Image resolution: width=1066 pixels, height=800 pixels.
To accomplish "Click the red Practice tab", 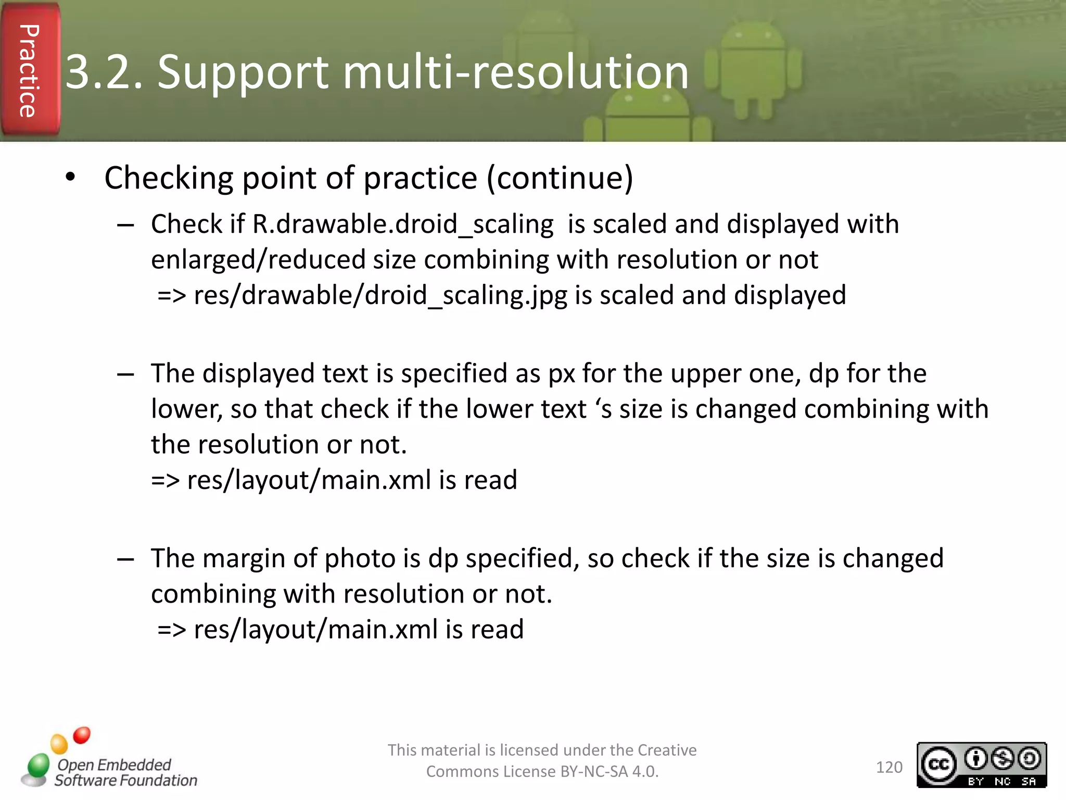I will click(x=29, y=70).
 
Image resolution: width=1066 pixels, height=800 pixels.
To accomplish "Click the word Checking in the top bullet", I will click(x=169, y=179).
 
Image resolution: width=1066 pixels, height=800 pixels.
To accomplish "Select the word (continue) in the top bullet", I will click(x=560, y=179).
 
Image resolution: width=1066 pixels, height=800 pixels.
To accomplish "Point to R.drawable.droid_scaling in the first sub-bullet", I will click(x=403, y=225).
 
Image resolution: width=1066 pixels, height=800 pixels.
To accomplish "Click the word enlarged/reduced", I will click(x=258, y=260).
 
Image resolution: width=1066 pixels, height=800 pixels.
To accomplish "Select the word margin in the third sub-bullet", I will click(x=244, y=559).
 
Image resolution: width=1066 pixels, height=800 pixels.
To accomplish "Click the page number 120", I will click(x=889, y=767).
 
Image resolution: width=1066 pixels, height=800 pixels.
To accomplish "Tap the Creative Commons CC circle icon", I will click(x=938, y=765).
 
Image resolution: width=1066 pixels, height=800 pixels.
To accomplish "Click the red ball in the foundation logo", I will click(x=82, y=735).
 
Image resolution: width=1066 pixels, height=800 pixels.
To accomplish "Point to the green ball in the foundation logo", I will click(x=38, y=765).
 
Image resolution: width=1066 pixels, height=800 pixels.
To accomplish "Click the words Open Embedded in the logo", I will click(x=114, y=765).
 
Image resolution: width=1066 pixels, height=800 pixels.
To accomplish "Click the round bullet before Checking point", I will click(x=71, y=178).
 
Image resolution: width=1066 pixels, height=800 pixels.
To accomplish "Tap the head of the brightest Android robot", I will click(x=753, y=37).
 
